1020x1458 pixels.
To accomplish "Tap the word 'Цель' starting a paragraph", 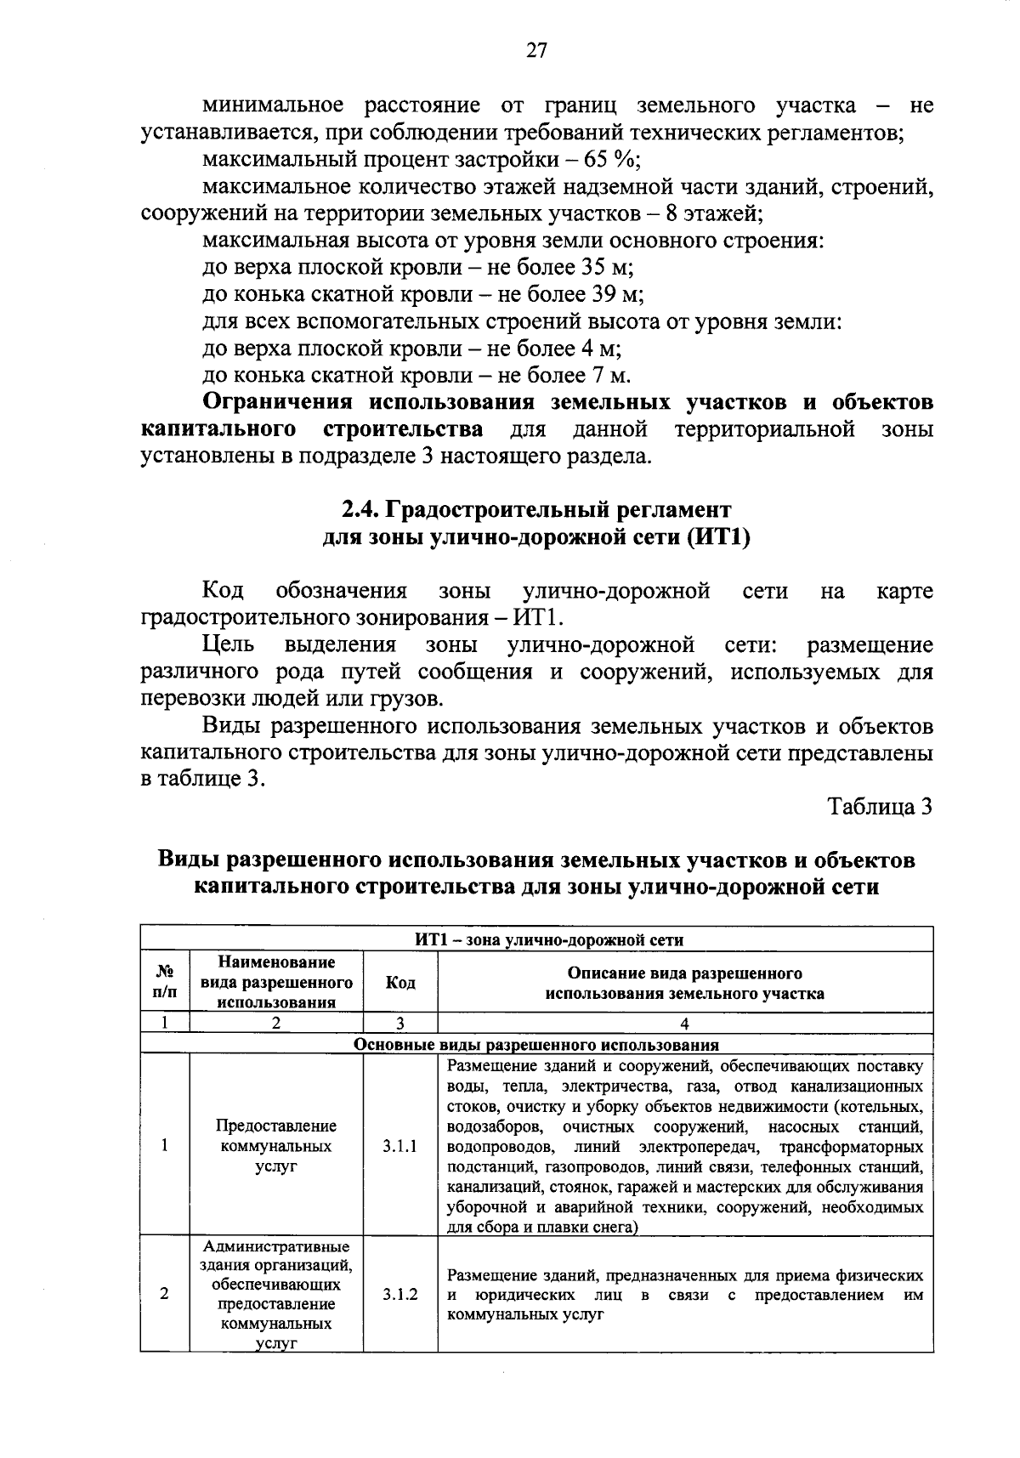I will [x=227, y=645].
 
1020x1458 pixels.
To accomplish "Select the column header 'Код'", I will [x=400, y=983].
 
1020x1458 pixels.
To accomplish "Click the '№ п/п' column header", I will [x=165, y=983].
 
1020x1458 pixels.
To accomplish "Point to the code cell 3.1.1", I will [x=400, y=1146].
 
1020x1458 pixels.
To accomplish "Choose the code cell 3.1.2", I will [x=400, y=1294].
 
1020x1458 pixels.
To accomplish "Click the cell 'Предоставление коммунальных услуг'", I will [x=276, y=1146].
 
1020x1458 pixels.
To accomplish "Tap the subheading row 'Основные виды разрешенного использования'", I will [x=536, y=1045].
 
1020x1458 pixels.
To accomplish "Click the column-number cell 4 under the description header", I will [x=684, y=1024].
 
